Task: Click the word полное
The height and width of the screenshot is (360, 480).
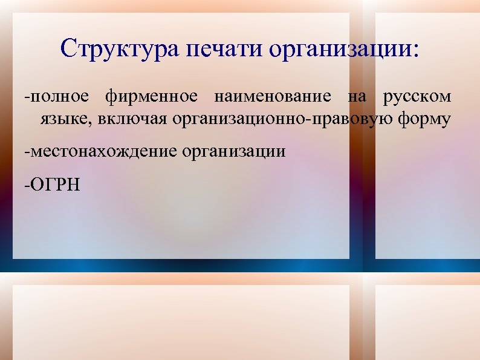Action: [x=59, y=97]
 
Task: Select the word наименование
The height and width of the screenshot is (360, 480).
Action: [x=272, y=97]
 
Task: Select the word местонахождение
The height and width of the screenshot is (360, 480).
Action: [x=103, y=151]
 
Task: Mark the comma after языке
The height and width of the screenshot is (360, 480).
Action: [x=90, y=124]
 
